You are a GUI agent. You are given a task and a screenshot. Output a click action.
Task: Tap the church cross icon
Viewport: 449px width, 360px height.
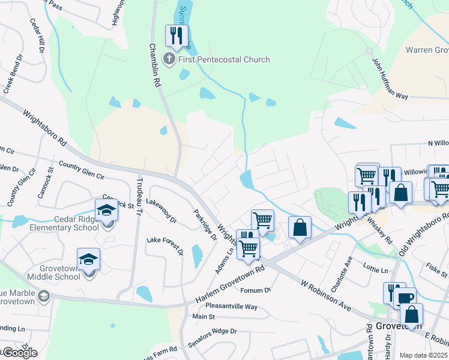tap(169, 59)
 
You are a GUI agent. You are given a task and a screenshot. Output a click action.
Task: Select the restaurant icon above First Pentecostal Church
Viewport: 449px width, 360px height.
tap(176, 35)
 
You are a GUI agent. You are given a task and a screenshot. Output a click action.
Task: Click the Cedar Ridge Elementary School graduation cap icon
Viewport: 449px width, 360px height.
tap(106, 211)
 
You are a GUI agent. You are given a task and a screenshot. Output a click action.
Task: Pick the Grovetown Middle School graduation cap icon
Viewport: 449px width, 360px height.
tap(88, 259)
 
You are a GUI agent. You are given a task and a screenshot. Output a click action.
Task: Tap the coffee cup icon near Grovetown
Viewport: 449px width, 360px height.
tap(406, 297)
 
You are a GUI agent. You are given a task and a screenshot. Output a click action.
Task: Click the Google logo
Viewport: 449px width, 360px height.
tap(19, 353)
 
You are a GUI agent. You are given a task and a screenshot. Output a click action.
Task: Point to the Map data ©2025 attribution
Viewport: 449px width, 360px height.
tap(423, 355)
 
